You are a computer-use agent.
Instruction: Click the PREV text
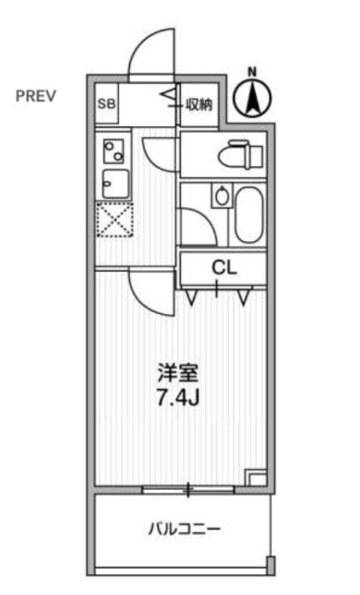pyautogui.click(x=36, y=96)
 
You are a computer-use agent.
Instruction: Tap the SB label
pyautogui.click(x=107, y=103)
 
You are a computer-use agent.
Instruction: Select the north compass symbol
pyautogui.click(x=253, y=98)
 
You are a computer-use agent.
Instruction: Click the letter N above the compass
pyautogui.click(x=253, y=71)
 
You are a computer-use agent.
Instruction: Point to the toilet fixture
pyautogui.click(x=241, y=154)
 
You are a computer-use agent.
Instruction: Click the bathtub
pyautogui.click(x=249, y=215)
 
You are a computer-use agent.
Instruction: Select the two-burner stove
pyautogui.click(x=114, y=151)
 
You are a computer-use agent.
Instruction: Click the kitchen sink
pyautogui.click(x=115, y=183)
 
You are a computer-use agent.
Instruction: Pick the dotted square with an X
pyautogui.click(x=115, y=220)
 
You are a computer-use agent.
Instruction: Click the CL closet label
pyautogui.click(x=224, y=268)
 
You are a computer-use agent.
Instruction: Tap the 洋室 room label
pyautogui.click(x=178, y=373)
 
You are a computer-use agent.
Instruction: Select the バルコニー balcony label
pyautogui.click(x=184, y=529)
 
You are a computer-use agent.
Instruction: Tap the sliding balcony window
pyautogui.click(x=189, y=489)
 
